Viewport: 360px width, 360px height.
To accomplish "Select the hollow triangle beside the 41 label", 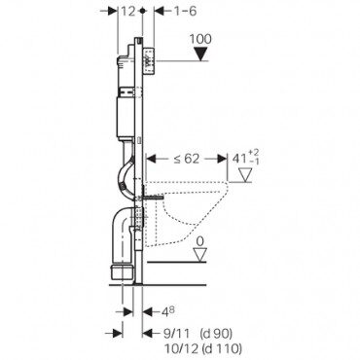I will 244,176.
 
